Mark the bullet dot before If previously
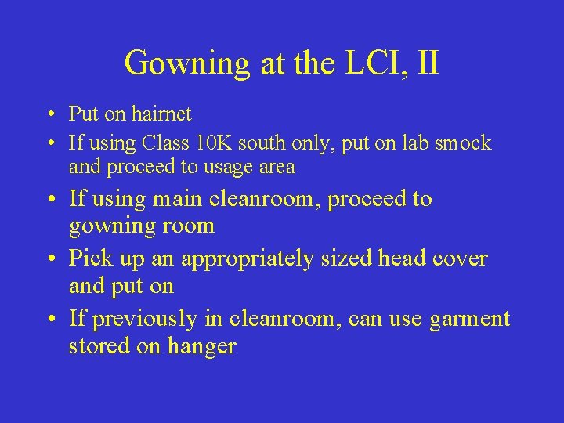point(49,320)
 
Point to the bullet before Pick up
point(49,259)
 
